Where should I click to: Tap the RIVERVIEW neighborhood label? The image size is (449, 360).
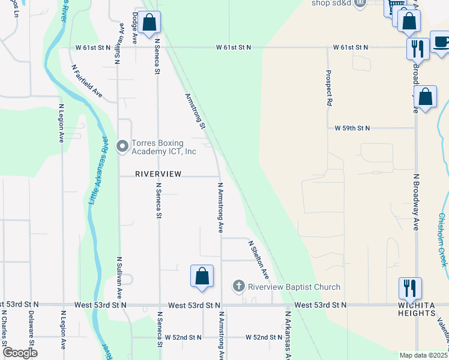pyautogui.click(x=158, y=173)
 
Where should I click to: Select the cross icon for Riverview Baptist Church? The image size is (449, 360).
pyautogui.click(x=239, y=286)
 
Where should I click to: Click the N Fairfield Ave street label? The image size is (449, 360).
pyautogui.click(x=87, y=82)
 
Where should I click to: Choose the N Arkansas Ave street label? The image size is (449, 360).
pyautogui.click(x=288, y=334)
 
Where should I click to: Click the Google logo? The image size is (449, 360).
pyautogui.click(x=19, y=353)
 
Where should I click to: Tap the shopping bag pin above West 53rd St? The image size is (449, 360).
pyautogui.click(x=202, y=277)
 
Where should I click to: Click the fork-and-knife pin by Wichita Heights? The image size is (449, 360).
pyautogui.click(x=411, y=289)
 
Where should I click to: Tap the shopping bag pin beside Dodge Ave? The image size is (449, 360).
pyautogui.click(x=149, y=23)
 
